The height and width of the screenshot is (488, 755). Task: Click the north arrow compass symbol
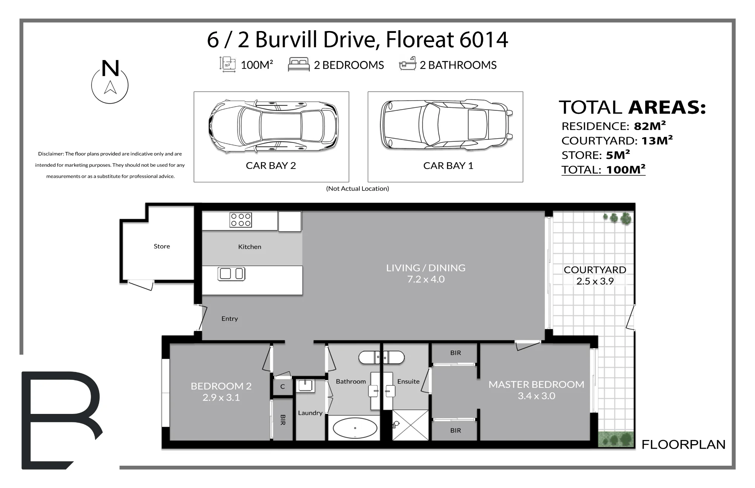click(x=110, y=82)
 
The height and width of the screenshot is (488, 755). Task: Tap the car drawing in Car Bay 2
click(x=273, y=127)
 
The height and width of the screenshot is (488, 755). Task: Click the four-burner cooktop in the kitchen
click(x=240, y=220)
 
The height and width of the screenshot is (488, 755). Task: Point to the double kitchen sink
click(x=231, y=273)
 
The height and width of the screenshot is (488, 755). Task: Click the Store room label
click(x=162, y=246)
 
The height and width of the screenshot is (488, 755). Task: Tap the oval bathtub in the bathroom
click(x=355, y=428)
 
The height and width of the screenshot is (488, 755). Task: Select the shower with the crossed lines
click(x=410, y=425)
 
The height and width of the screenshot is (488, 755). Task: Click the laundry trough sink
click(x=305, y=386)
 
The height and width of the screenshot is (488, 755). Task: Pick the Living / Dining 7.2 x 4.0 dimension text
click(x=426, y=279)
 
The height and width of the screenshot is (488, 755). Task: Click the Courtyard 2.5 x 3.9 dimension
click(x=595, y=281)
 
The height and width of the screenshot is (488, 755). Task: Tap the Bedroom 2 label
click(x=221, y=386)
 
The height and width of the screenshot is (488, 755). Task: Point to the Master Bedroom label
click(x=536, y=384)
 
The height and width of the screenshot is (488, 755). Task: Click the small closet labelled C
click(x=282, y=387)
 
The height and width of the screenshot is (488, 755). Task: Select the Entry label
click(x=230, y=319)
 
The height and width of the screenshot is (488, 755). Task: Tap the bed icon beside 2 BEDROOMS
click(x=299, y=65)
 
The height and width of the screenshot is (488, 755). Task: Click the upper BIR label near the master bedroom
click(x=456, y=353)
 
